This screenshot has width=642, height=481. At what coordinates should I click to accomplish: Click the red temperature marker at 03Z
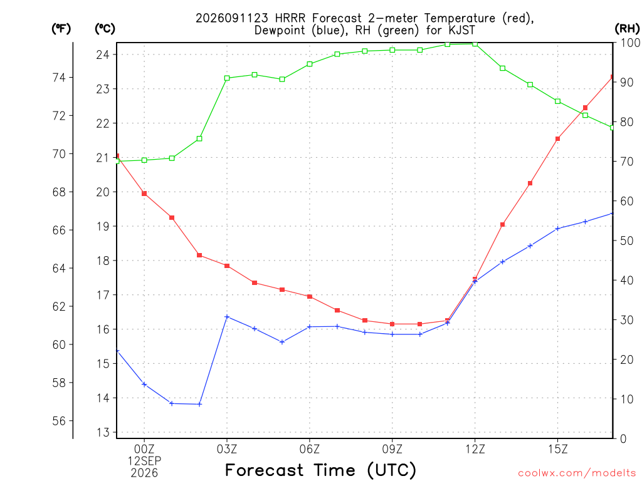[227, 266]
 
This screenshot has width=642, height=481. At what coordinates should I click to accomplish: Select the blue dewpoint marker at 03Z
[227, 316]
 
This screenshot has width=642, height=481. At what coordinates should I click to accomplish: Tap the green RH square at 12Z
[475, 44]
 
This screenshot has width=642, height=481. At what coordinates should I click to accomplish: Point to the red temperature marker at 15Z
[557, 139]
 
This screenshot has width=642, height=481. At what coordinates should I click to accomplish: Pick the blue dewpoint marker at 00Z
[144, 384]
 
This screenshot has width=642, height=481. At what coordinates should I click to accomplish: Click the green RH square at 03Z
[227, 78]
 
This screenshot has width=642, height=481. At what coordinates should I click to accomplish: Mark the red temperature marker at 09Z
[392, 324]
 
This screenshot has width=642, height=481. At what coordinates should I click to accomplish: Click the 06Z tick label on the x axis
[310, 449]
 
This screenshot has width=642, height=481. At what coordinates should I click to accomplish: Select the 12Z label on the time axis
[475, 449]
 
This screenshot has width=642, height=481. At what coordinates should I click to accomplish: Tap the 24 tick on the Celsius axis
[103, 54]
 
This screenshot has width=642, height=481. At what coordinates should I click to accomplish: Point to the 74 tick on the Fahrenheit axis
[59, 77]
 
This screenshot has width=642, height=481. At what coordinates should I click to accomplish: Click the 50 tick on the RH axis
[626, 240]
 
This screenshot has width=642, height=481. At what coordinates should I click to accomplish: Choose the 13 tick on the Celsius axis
[103, 432]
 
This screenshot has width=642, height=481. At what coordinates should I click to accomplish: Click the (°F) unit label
[61, 29]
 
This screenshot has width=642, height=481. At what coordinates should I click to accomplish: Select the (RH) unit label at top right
[627, 29]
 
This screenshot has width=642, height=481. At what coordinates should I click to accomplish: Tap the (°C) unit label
[105, 29]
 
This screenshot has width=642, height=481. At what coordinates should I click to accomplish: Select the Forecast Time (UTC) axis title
[320, 470]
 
